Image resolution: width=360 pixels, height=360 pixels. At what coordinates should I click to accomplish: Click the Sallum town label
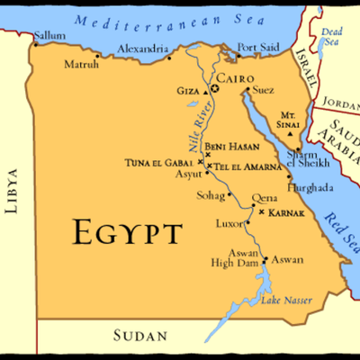pos(49,36)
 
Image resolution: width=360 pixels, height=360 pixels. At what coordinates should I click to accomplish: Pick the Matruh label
pos(83,65)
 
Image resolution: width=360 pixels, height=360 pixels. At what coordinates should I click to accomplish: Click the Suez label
pos(264,90)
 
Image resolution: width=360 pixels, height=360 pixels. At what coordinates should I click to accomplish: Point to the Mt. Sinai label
pos(289,121)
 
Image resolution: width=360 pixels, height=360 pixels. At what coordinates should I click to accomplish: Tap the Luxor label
pos(229,222)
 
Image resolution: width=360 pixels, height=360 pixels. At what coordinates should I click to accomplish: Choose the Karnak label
pos(285,212)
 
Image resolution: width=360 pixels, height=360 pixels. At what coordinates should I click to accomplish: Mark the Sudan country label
pos(141,337)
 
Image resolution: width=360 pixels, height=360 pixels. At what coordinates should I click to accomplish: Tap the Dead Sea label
pos(332,37)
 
